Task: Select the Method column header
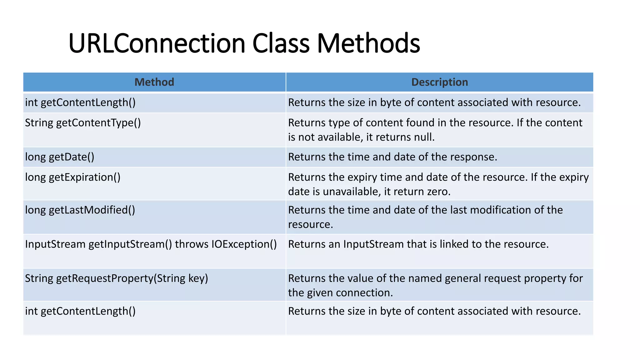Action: pos(154,82)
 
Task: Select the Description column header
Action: pos(439,82)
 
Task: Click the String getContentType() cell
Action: pos(83,123)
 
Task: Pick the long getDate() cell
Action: pos(59,157)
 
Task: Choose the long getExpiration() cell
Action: pos(72,177)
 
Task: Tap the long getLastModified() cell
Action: pos(80,210)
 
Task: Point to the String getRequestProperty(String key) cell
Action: pos(116,278)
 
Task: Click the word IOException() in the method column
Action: pos(244,244)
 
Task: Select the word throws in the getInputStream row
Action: pos(192,244)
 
